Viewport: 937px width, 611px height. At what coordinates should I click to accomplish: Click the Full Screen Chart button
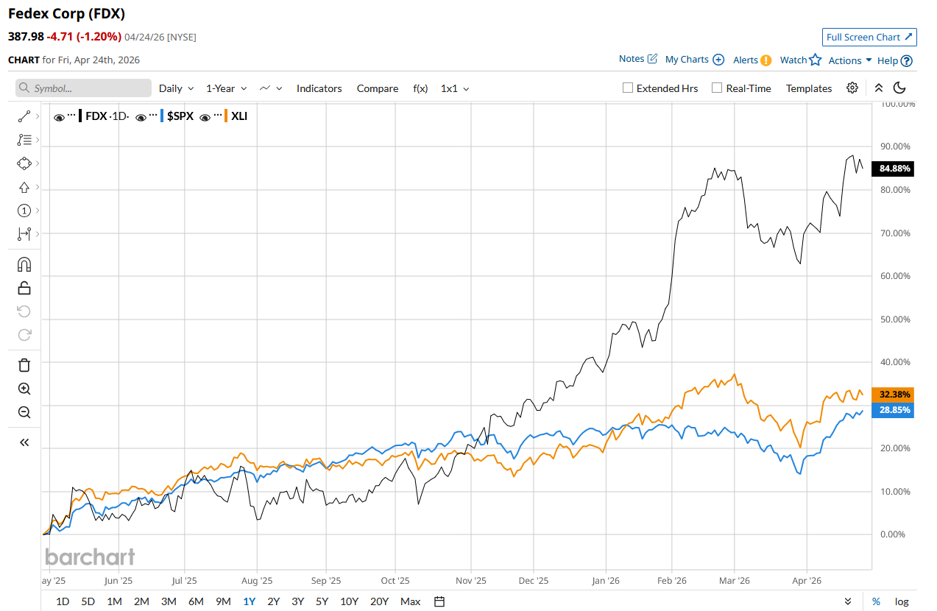[x=869, y=38]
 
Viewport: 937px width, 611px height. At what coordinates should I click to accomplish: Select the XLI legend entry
[x=239, y=116]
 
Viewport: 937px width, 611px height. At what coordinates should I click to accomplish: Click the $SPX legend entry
[x=180, y=116]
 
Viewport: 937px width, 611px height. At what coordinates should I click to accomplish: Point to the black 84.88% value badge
[x=892, y=169]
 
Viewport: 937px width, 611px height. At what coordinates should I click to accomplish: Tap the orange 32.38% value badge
[x=892, y=394]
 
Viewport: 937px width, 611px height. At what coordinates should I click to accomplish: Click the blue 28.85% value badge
[x=892, y=410]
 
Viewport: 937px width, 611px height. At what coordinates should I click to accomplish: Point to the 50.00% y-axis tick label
[x=895, y=319]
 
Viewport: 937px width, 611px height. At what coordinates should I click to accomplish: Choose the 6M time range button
[x=196, y=601]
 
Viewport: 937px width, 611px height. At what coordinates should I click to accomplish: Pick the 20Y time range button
[x=379, y=601]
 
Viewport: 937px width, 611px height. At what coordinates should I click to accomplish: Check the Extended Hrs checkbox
[x=628, y=88]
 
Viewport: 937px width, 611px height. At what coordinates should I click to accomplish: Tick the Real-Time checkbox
[x=717, y=88]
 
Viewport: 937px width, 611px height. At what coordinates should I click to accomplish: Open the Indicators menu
[x=319, y=88]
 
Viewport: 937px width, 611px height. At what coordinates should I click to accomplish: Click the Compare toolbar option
[x=378, y=88]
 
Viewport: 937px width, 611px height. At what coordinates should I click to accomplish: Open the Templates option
[x=808, y=88]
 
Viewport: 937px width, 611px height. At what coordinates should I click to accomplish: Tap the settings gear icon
[x=852, y=88]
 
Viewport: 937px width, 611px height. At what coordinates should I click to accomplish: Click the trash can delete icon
[x=24, y=365]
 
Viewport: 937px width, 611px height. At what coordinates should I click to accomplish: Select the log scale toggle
[x=902, y=601]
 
